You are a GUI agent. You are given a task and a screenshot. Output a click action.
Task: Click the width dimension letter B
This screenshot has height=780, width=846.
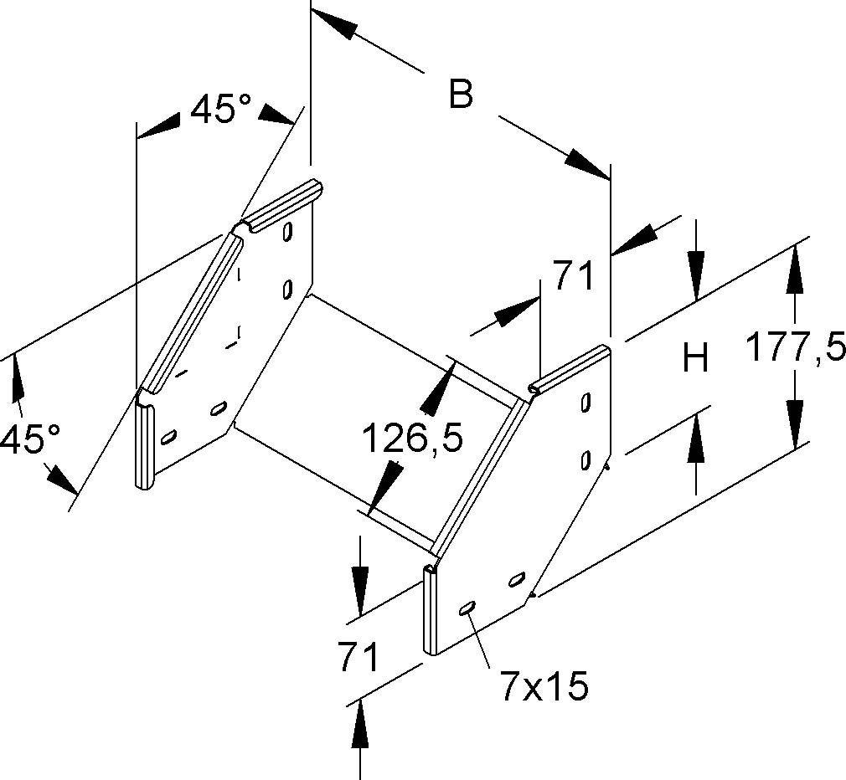point(461,94)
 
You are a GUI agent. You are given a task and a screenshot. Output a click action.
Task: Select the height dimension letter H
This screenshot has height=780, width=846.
point(695,359)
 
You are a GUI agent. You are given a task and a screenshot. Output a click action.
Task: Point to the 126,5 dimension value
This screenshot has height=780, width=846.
point(412,437)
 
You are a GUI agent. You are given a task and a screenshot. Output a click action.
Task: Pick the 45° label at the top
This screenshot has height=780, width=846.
point(220,109)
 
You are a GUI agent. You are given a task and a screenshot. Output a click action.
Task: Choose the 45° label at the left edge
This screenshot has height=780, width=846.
point(30,438)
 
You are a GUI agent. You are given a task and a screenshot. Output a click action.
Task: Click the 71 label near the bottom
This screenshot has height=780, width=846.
point(359,658)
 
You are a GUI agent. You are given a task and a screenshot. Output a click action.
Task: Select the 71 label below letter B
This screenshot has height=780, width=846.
point(573,275)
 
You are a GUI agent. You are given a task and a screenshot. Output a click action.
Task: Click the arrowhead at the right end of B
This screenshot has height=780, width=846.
point(586,164)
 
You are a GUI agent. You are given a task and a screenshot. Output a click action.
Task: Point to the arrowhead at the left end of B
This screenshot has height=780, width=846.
point(333,24)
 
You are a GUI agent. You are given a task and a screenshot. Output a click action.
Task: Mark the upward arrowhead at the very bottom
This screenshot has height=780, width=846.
point(360,723)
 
